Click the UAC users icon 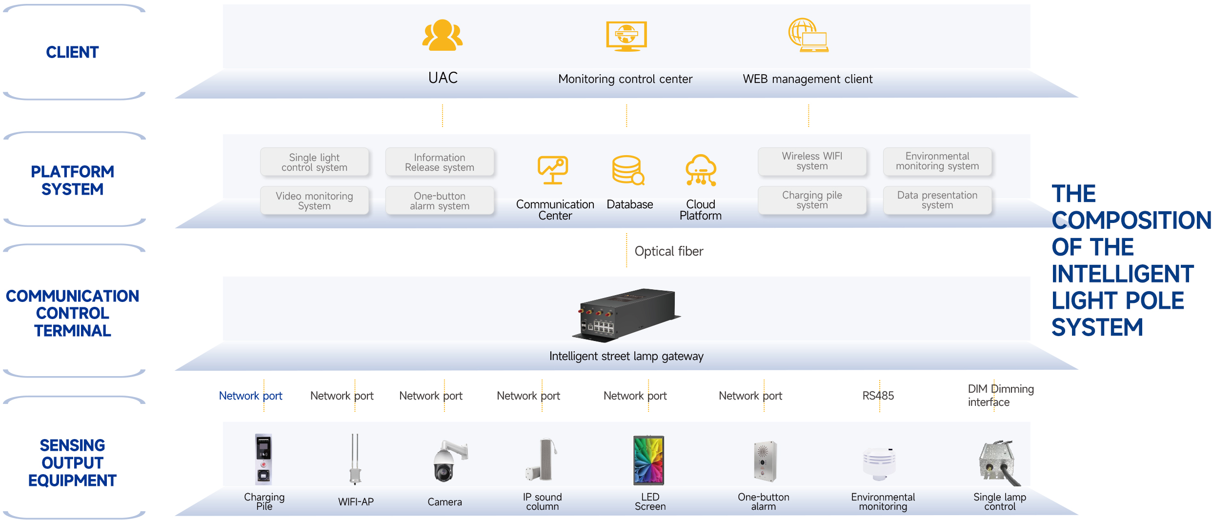tap(442, 35)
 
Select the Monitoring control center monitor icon tap(626, 36)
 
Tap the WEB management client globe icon tap(808, 35)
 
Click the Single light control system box tap(314, 162)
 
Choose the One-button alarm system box tap(439, 200)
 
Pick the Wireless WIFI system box tap(812, 161)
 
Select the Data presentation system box tap(937, 200)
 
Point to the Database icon tap(628, 170)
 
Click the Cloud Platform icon tap(701, 170)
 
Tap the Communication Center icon tap(553, 170)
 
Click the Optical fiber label tap(668, 251)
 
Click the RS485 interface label tap(878, 396)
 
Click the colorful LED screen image tap(648, 460)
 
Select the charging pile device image tap(263, 459)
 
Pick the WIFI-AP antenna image tap(355, 459)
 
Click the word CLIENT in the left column tap(72, 52)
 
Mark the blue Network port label tap(250, 396)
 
